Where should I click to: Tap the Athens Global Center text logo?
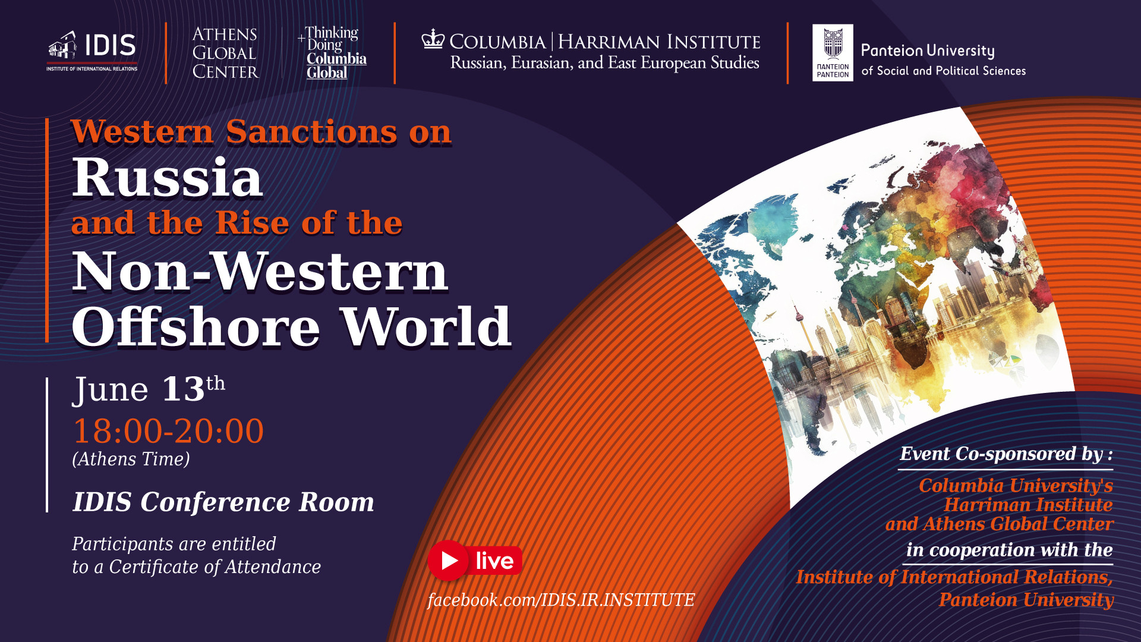225,53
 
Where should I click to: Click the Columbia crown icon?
433,39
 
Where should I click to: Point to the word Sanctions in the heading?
311,131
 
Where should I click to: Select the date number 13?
183,389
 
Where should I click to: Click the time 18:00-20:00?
168,430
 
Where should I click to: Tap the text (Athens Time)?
131,459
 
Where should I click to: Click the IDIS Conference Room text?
223,502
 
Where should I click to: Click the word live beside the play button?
494,561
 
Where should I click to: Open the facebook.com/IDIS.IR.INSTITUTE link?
561,600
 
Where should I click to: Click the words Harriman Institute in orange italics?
1028,505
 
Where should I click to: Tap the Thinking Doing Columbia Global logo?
333,53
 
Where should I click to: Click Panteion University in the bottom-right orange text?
1026,600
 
